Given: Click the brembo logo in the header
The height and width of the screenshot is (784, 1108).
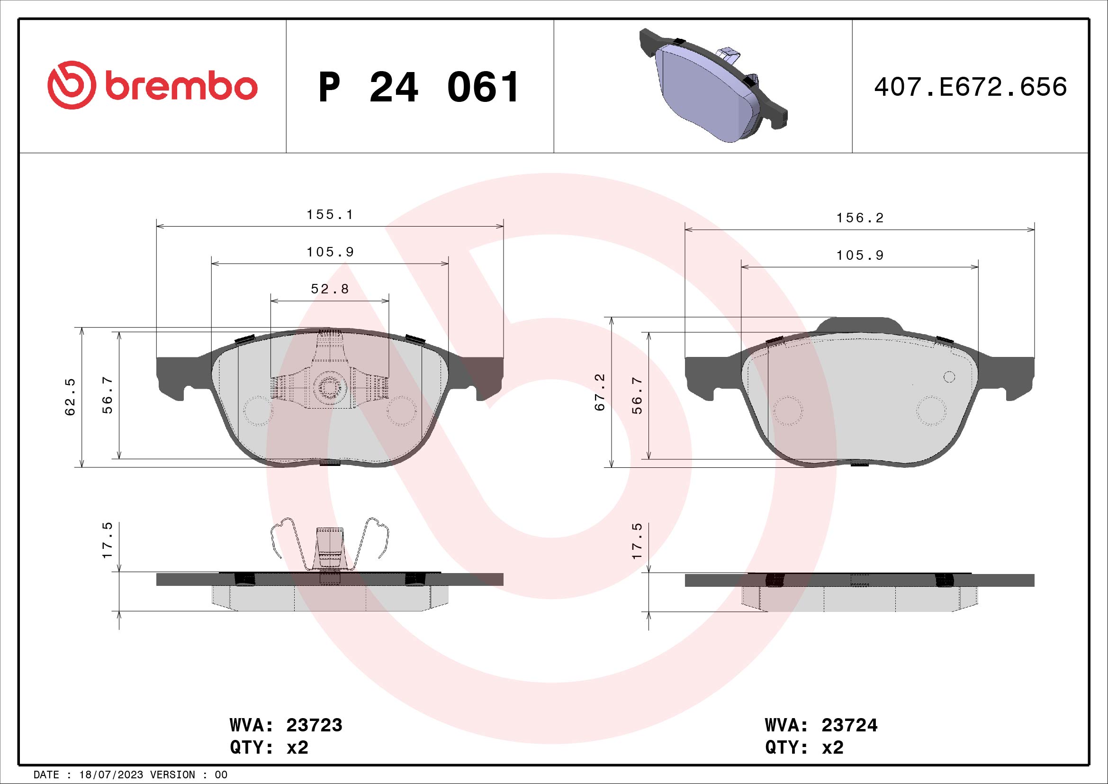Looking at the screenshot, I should tap(152, 85).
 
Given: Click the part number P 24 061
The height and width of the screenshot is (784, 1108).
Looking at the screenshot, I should tap(419, 87).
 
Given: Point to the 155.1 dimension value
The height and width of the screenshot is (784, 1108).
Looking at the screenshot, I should tap(330, 214).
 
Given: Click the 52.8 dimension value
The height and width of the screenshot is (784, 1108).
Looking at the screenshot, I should tap(330, 289).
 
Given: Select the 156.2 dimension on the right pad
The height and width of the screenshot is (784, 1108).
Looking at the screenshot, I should tap(860, 218).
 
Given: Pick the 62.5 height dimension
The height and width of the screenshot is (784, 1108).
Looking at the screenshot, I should tap(71, 397).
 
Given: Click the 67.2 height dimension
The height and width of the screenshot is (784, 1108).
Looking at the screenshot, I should tap(599, 392).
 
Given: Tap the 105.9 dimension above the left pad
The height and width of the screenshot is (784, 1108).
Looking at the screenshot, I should tap(330, 252).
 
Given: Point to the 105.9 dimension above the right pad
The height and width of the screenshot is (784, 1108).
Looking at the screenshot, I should tap(860, 255).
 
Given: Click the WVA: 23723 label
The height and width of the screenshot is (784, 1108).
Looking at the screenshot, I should tap(286, 725).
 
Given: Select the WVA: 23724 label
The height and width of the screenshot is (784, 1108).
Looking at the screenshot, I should tap(821, 725).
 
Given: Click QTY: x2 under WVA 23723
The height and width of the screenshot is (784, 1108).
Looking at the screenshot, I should tap(269, 748).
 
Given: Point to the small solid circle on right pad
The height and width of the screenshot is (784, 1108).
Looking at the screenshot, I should tap(949, 377).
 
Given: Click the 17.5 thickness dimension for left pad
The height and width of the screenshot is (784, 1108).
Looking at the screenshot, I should tap(107, 540).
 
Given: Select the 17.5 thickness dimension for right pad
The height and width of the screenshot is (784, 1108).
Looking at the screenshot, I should tap(637, 541).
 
